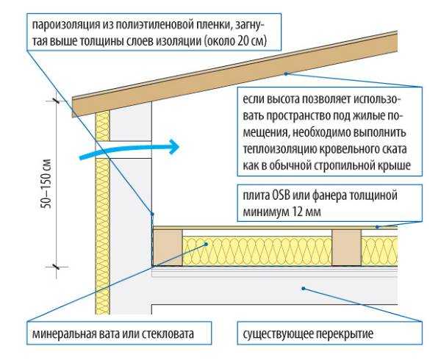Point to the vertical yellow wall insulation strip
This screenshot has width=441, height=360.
pyautogui.click(x=102, y=220)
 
